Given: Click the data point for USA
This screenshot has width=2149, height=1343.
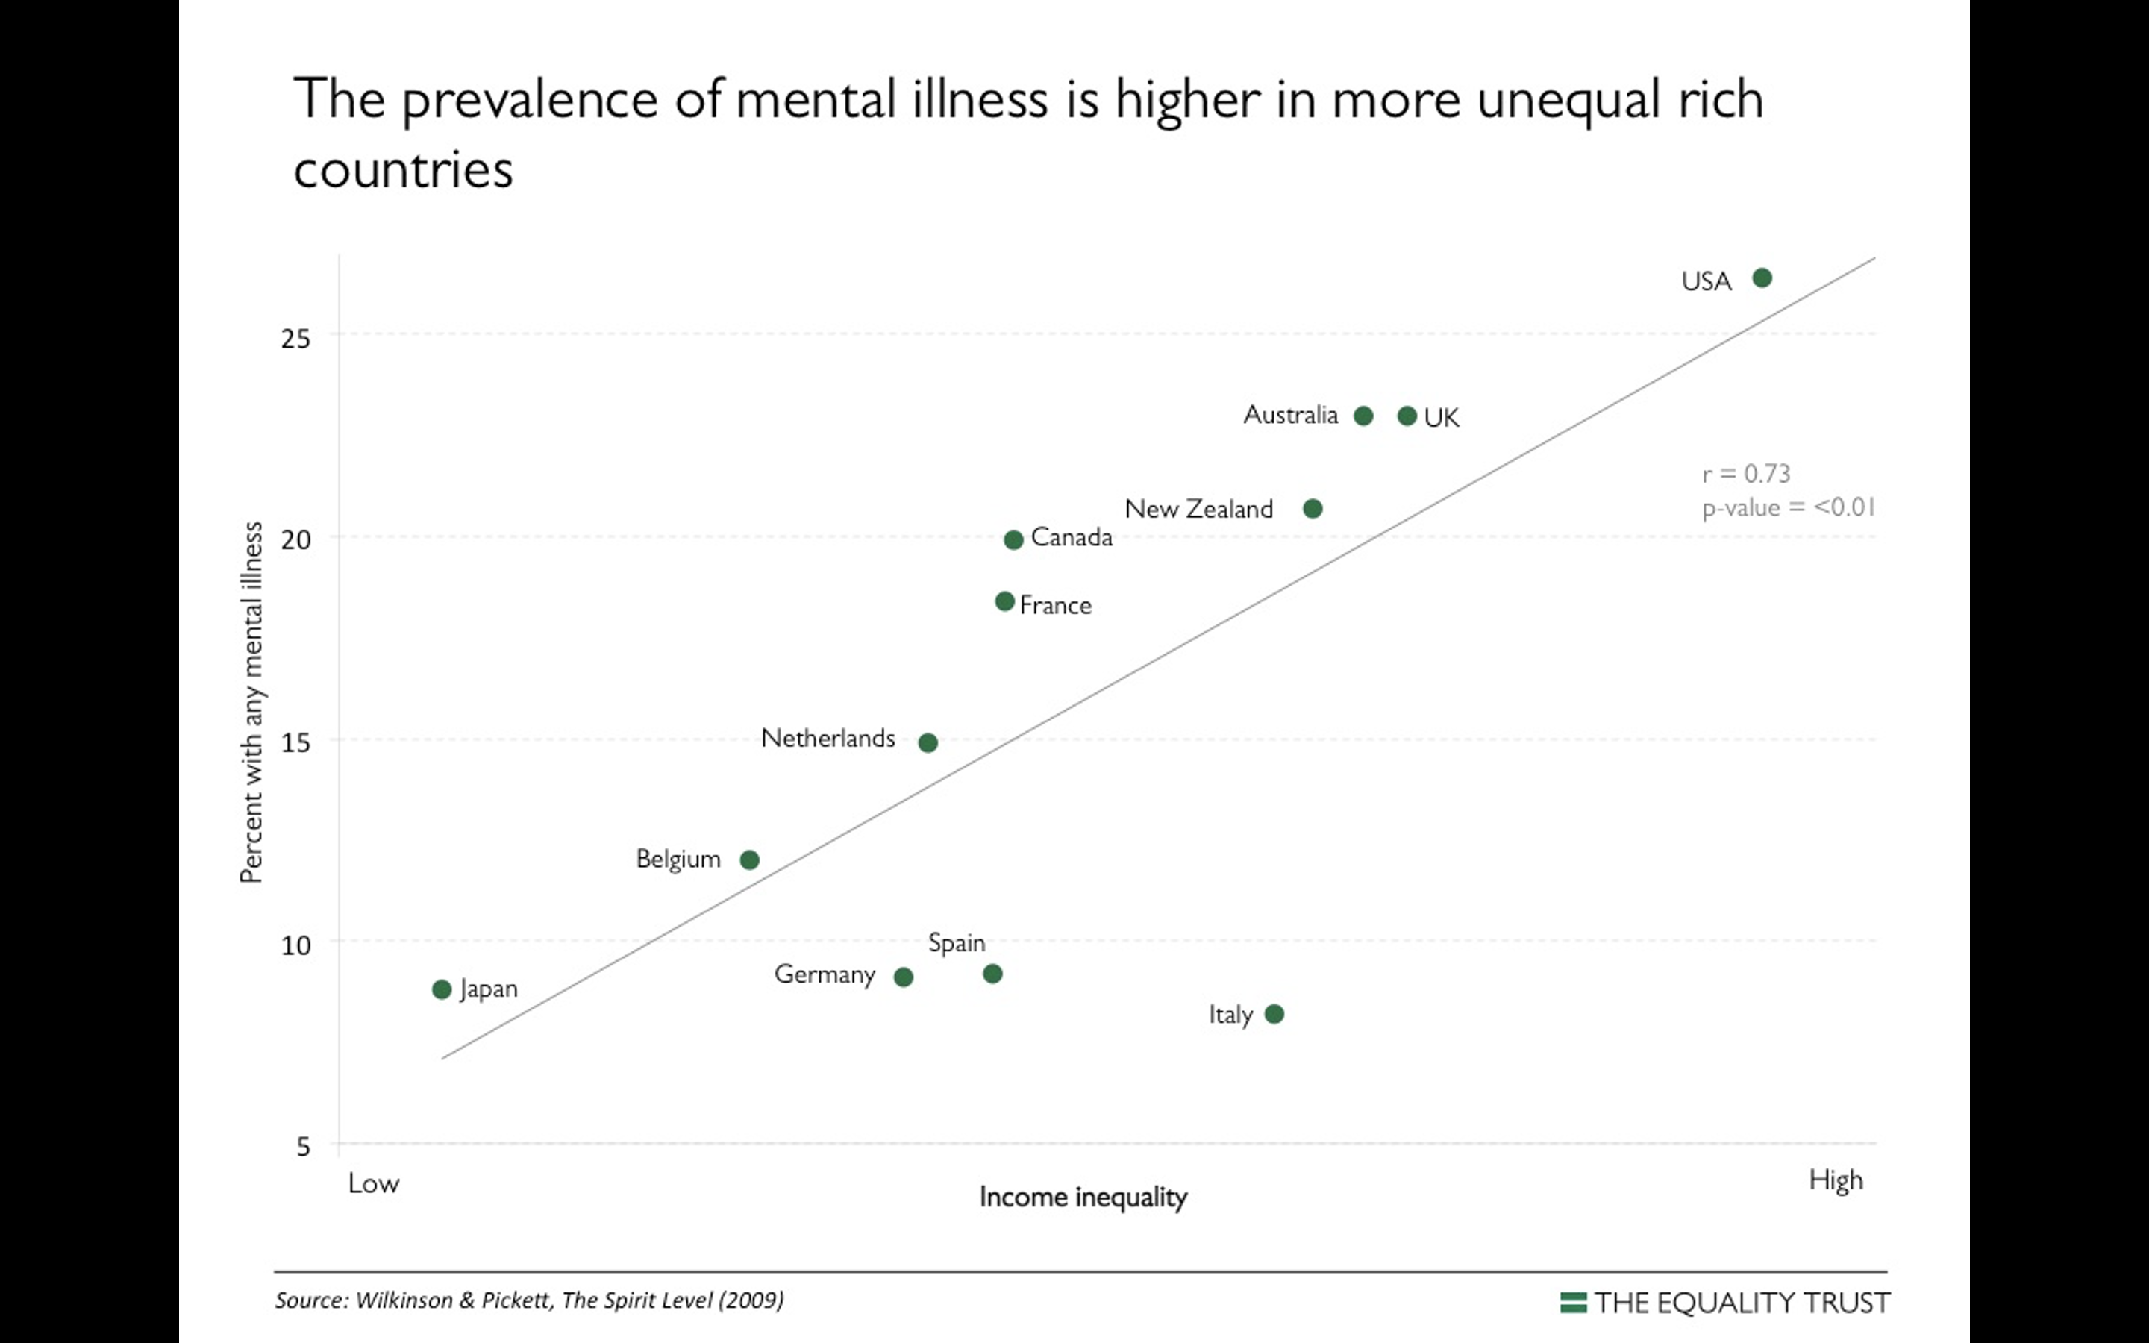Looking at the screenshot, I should [x=1762, y=278].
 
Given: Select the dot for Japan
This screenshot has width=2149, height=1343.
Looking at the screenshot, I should [x=441, y=989].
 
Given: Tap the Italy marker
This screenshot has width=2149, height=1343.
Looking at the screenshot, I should [x=1274, y=1013].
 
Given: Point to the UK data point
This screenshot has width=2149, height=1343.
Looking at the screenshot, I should [x=1407, y=416].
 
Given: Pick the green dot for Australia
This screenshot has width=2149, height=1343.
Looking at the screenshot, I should [x=1363, y=416].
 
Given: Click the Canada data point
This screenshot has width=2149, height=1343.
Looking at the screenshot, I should [x=1013, y=540].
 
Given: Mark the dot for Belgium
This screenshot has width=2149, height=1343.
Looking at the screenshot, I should [x=749, y=860].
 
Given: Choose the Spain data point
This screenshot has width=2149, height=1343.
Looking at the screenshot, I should [x=993, y=974].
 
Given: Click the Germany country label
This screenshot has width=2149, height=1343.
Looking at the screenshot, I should [x=824, y=975].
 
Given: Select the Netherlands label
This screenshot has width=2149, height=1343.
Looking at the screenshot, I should [x=828, y=738].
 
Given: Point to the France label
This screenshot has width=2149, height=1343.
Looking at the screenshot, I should [x=1055, y=606].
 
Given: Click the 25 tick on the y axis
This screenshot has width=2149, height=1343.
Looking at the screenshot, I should [x=295, y=339].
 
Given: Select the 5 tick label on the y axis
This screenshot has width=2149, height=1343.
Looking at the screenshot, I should [x=303, y=1147].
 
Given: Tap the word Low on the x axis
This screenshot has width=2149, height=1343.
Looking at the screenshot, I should [x=373, y=1183].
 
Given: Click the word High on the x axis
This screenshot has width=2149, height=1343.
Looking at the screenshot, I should [x=1836, y=1180].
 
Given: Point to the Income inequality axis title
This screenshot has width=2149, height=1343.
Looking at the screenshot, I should [x=1083, y=1198].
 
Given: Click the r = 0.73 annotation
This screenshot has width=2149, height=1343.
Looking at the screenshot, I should [x=1746, y=474].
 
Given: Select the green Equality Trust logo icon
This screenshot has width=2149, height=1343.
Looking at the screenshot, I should [x=1573, y=1302].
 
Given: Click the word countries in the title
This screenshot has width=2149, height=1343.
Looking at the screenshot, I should [x=403, y=169].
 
